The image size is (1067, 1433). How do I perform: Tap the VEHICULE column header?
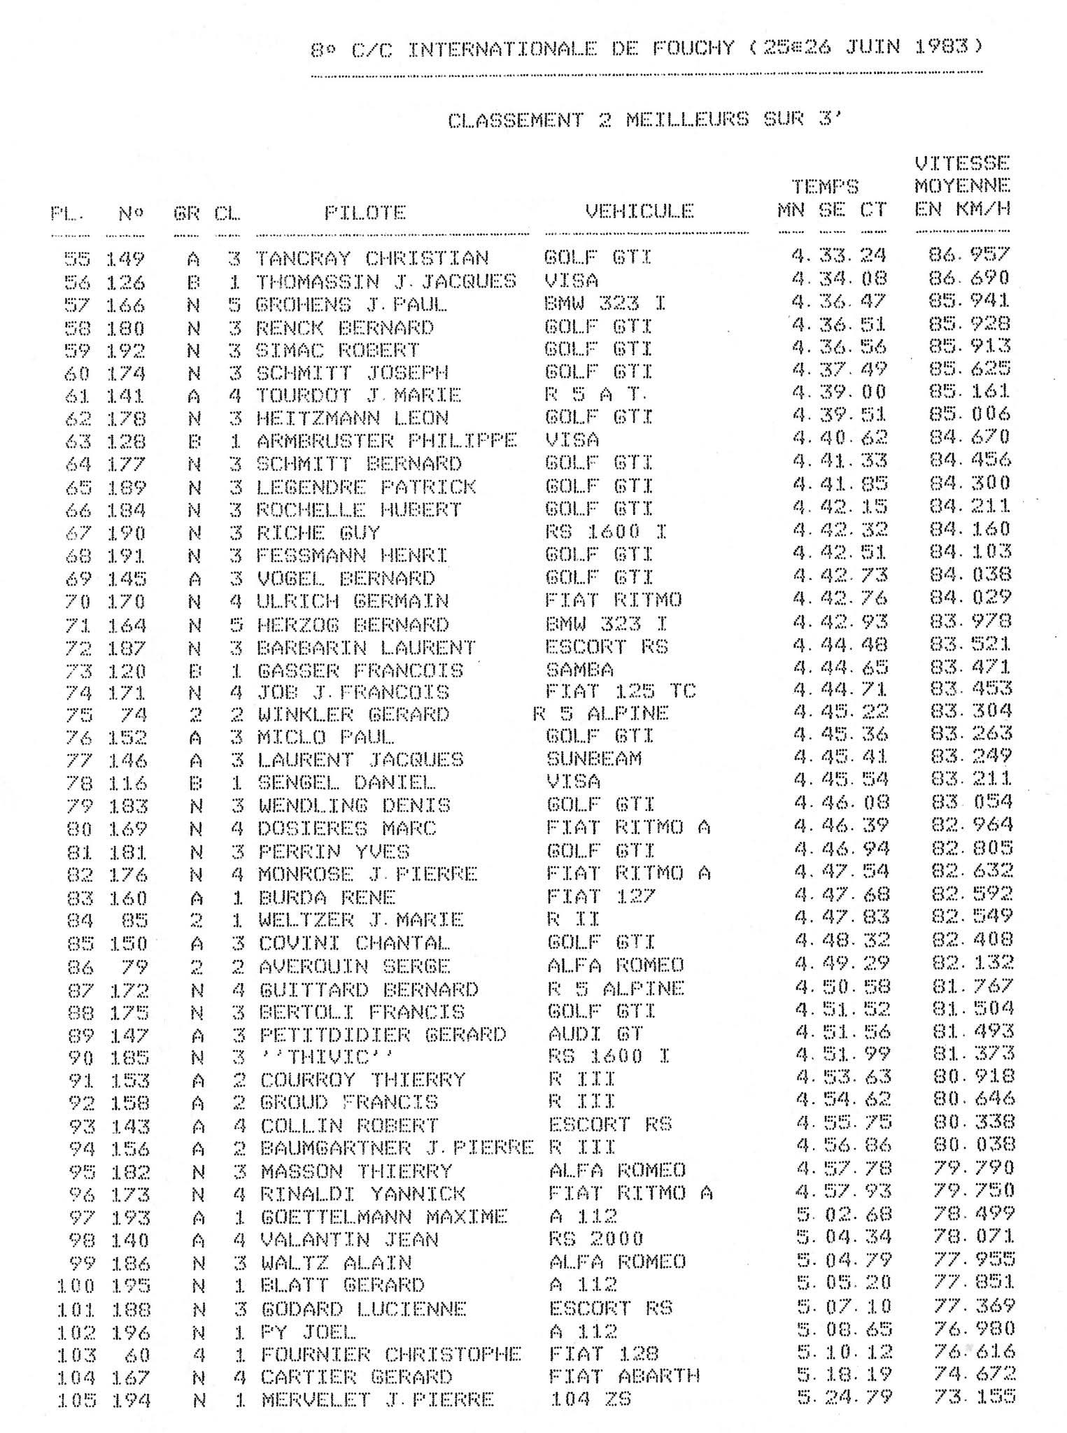pyautogui.click(x=640, y=211)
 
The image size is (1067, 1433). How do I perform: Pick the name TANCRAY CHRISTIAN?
pyautogui.click(x=372, y=258)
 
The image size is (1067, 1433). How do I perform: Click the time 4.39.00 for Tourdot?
pyautogui.click(x=839, y=392)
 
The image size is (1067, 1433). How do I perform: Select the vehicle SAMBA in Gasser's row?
pyautogui.click(x=579, y=670)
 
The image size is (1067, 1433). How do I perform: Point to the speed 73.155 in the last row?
pyautogui.click(x=973, y=1397)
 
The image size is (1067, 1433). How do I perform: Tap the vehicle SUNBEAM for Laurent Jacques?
pyautogui.click(x=593, y=759)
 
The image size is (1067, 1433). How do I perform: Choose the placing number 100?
pyautogui.click(x=76, y=1285)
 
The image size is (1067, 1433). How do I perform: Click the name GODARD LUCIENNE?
pyautogui.click(x=363, y=1308)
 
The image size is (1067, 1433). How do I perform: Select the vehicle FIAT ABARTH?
pyautogui.click(x=624, y=1376)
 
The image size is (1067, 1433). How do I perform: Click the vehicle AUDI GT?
pyautogui.click(x=595, y=1033)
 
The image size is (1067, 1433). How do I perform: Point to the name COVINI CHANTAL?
pyautogui.click(x=353, y=943)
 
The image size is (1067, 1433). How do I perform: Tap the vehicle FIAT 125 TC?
pyautogui.click(x=620, y=691)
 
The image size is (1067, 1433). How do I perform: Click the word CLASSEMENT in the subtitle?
pyautogui.click(x=515, y=121)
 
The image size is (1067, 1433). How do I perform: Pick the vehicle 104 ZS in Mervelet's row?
pyautogui.click(x=590, y=1399)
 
